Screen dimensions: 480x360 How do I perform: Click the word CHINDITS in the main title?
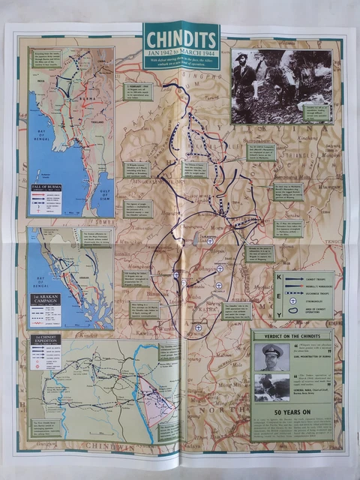(x=181, y=40)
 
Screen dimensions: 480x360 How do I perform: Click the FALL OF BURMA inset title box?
(x=44, y=185)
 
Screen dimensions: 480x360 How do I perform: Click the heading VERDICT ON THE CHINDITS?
(x=292, y=334)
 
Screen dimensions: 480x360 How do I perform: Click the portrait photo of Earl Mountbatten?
(x=271, y=357)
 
